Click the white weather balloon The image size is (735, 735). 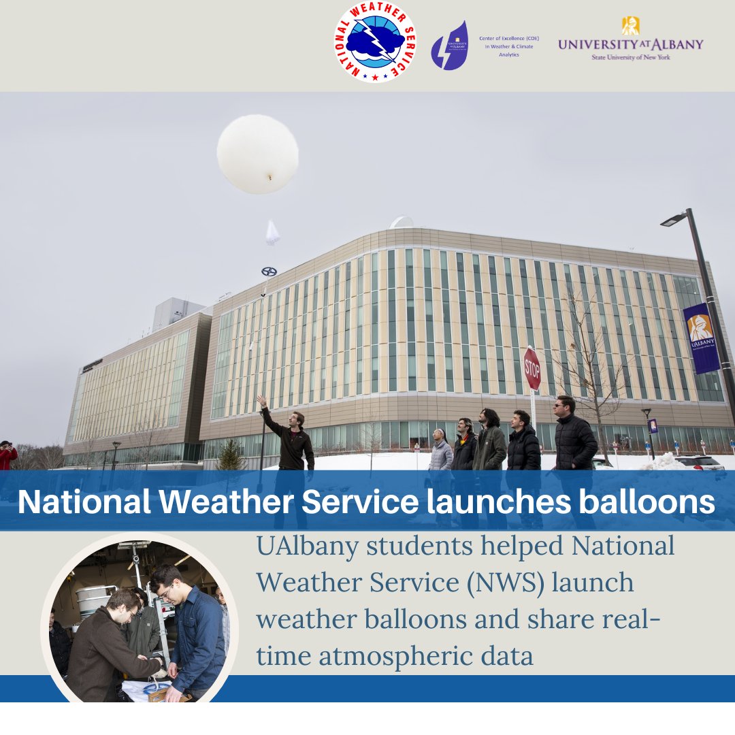[x=257, y=154]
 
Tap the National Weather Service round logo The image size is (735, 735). [x=375, y=42]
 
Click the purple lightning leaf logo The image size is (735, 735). [x=450, y=46]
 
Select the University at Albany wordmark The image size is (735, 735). [x=630, y=44]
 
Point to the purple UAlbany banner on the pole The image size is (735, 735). [x=701, y=338]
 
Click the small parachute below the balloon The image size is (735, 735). [x=272, y=233]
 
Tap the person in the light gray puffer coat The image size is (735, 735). [x=441, y=453]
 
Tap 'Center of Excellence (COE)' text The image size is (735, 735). [x=509, y=39]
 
